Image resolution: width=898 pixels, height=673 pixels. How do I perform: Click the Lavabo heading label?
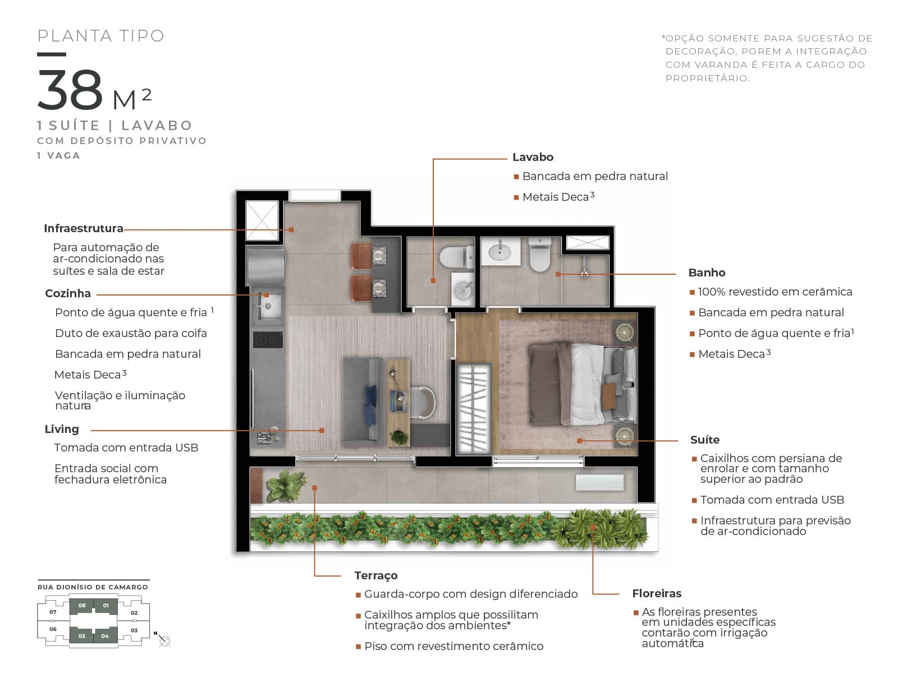coord(532,158)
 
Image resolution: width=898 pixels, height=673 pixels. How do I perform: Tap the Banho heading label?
coord(706,273)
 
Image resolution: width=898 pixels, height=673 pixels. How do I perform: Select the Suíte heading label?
coord(704,440)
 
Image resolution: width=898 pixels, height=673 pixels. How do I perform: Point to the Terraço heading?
coord(375,576)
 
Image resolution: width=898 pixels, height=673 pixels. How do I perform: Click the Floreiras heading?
coord(657,593)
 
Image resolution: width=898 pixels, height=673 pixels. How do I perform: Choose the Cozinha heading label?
coord(68,293)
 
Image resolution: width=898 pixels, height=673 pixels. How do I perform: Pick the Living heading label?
coord(62,430)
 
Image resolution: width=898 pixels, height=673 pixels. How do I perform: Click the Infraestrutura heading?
coord(84,228)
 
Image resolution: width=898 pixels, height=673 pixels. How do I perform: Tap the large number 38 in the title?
coord(70,89)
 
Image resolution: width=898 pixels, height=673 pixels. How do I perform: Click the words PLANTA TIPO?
coord(100,36)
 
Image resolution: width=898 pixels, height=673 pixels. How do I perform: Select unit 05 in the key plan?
coord(82,636)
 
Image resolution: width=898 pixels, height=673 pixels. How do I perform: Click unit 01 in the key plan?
coord(106,606)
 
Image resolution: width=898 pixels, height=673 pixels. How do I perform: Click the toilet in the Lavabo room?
coord(456,257)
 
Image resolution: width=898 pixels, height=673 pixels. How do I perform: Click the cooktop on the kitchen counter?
coord(268,339)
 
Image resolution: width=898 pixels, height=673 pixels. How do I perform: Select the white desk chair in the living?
coord(422,403)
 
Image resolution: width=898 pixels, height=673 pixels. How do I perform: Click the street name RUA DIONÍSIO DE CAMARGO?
coord(93,587)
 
